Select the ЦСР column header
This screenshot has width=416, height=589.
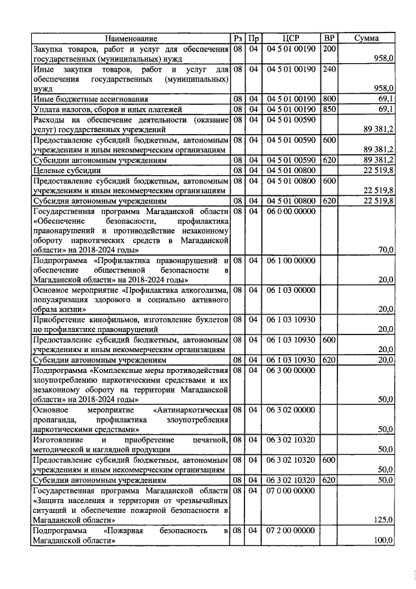291,39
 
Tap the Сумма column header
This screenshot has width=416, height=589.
367,39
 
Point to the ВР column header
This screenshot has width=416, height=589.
329,39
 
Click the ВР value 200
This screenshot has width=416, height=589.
329,49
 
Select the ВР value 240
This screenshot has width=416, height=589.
329,68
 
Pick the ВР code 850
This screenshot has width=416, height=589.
329,109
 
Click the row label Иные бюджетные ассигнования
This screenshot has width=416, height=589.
91,99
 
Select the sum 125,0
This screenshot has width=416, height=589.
383,520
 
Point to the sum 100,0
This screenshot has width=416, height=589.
383,540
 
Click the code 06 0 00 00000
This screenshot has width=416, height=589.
291,211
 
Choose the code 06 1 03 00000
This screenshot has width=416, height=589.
291,290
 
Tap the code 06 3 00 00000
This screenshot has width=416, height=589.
291,370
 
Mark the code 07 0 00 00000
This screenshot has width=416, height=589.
291,490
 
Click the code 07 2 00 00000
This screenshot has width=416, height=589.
291,531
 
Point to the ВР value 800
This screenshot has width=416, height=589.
329,99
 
